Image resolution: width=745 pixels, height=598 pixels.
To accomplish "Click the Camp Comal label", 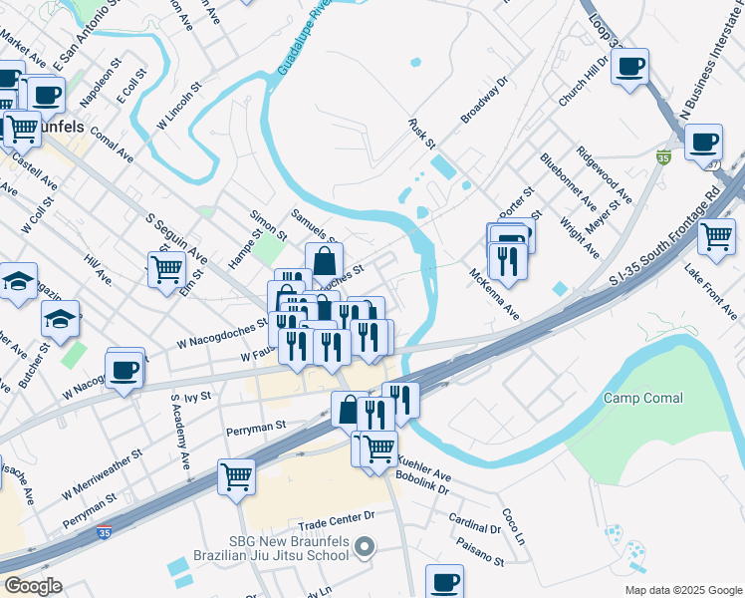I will (643, 398).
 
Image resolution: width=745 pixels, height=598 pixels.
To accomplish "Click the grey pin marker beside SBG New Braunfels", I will (366, 546).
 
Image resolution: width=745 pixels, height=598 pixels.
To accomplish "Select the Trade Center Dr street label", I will (335, 517).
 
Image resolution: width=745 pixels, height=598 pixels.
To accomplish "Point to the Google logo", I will (33, 586).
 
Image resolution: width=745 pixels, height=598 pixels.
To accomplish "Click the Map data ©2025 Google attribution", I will (682, 590).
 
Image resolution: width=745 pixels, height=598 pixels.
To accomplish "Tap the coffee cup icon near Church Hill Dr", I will (629, 67).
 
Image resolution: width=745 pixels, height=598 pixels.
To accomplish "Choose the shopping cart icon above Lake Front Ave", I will (717, 236).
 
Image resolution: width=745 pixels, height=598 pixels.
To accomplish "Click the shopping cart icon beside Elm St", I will (166, 267).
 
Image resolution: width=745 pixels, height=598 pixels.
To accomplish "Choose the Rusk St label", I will (422, 134).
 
